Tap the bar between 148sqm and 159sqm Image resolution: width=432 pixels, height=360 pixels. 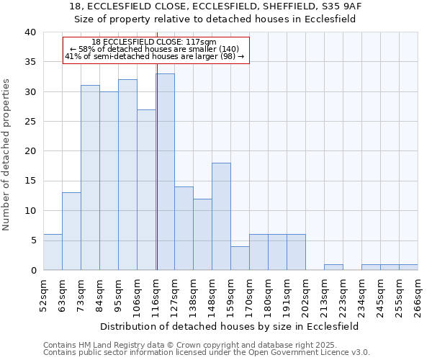pos(221,216)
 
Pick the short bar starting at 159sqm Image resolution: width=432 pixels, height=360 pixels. pos(240,258)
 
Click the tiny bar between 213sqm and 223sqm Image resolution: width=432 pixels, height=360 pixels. pos(333,267)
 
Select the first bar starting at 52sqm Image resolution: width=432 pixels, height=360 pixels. pos(53,252)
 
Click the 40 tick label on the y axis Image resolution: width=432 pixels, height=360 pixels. pos(30,32)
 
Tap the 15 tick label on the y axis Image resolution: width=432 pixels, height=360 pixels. pos(30,181)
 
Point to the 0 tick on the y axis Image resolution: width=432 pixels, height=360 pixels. pos(33,270)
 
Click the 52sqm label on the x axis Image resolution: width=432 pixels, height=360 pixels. pos(43,294)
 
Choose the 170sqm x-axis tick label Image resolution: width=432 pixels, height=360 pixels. pos(249,296)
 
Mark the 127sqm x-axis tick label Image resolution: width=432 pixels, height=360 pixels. pos(174,296)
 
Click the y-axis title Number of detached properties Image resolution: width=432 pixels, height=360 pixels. pos(8,151)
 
